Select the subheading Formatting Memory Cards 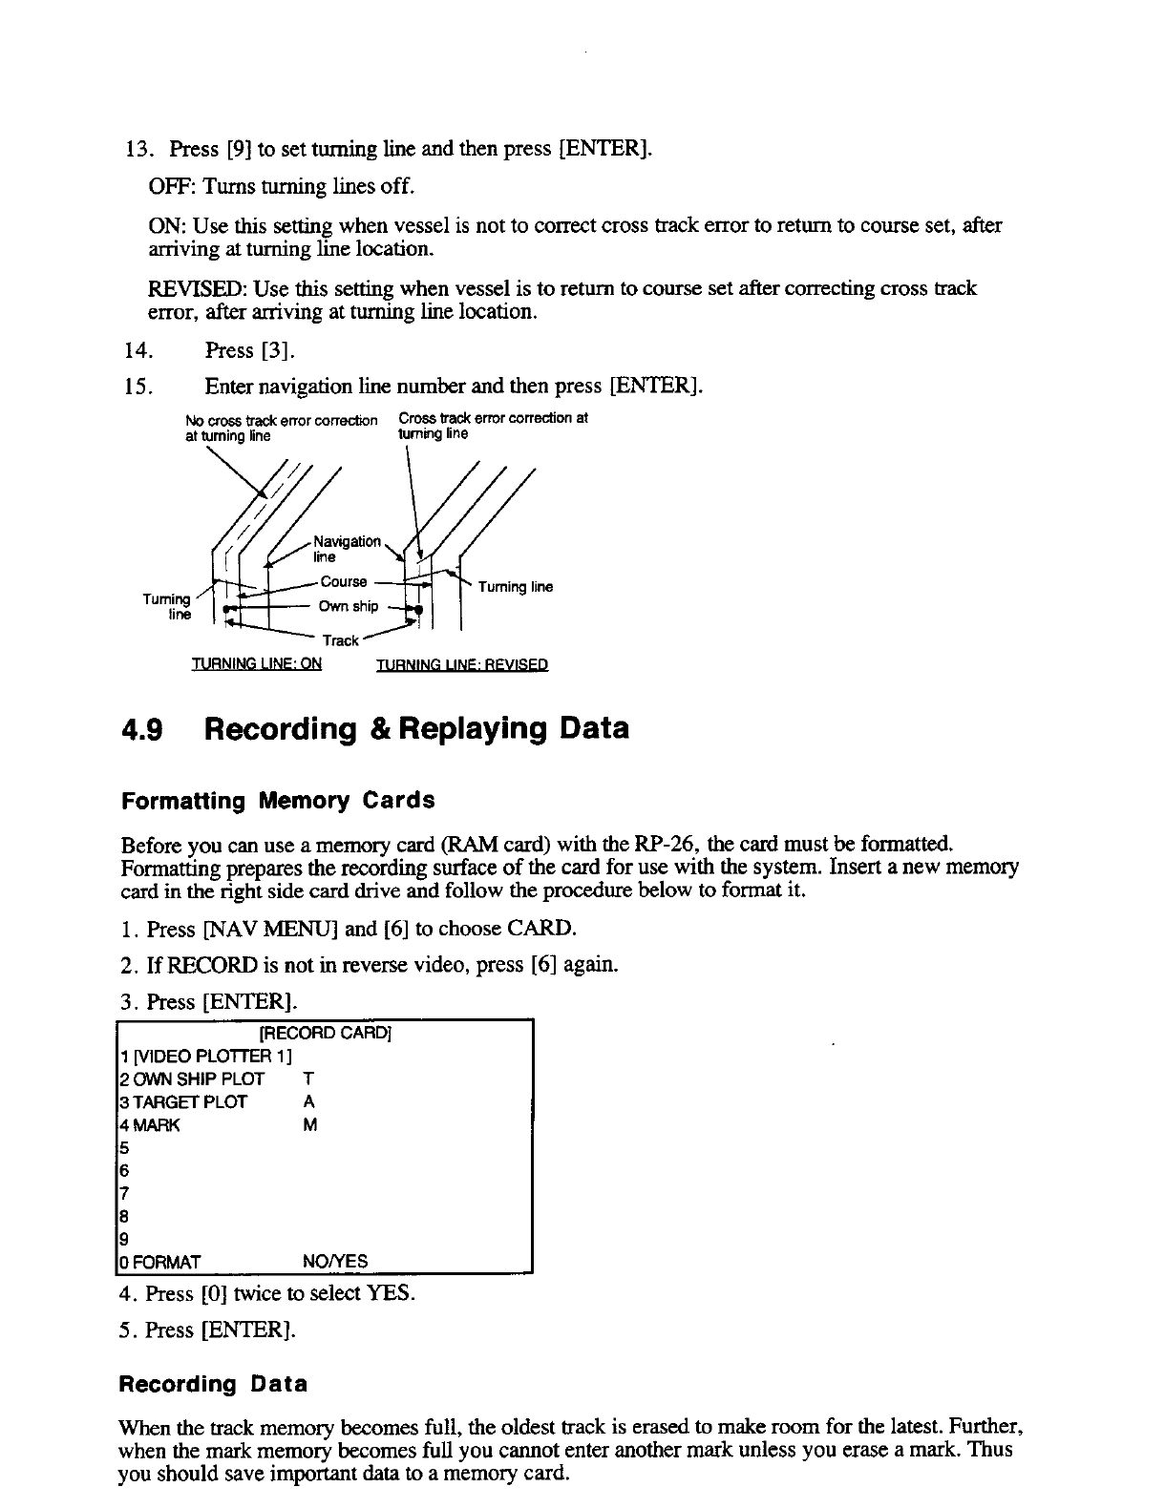tap(278, 801)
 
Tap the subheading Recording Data tap(213, 1384)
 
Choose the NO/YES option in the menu tap(334, 1262)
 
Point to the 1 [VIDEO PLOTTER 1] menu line tap(205, 1056)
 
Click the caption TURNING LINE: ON tap(257, 664)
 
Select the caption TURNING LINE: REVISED tap(462, 665)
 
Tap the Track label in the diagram tap(340, 640)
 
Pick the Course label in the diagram tap(344, 581)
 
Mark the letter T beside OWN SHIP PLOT tap(307, 1079)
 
